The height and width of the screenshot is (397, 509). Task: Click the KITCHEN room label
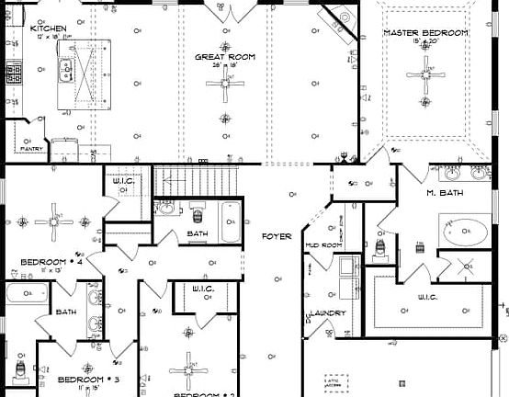click(x=47, y=29)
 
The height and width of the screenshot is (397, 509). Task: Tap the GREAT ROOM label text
click(x=224, y=57)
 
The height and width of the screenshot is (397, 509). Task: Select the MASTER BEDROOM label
click(x=425, y=33)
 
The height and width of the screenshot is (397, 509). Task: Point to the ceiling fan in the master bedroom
click(x=426, y=70)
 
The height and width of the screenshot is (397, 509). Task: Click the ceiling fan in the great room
click(x=224, y=85)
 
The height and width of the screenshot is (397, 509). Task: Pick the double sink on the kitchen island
click(x=66, y=69)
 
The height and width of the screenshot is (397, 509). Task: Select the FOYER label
click(x=277, y=237)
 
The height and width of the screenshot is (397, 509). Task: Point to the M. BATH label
click(x=444, y=193)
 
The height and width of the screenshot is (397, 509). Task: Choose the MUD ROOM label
click(x=324, y=245)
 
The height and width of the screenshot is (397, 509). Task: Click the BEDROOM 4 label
click(x=51, y=262)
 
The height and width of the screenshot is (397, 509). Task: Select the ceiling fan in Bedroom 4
click(x=53, y=221)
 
